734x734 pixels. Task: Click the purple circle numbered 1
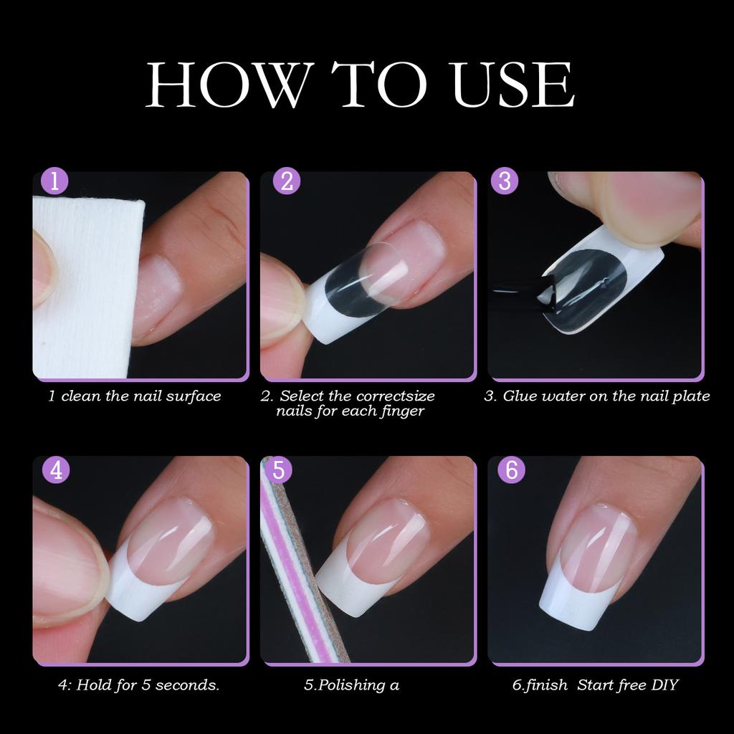[55, 181]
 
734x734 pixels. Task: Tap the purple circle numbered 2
[287, 181]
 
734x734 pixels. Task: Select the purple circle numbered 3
[504, 181]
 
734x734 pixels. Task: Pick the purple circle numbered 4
[55, 470]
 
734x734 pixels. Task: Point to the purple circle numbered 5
[279, 470]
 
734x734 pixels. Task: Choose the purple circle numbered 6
[510, 470]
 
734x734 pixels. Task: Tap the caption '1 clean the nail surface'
[135, 396]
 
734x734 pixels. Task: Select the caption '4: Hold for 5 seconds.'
[138, 685]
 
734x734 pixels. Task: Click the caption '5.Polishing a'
[351, 685]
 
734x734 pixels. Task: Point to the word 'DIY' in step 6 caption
[662, 685]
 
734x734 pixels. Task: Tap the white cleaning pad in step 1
[82, 301]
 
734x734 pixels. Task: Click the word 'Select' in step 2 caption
[301, 396]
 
